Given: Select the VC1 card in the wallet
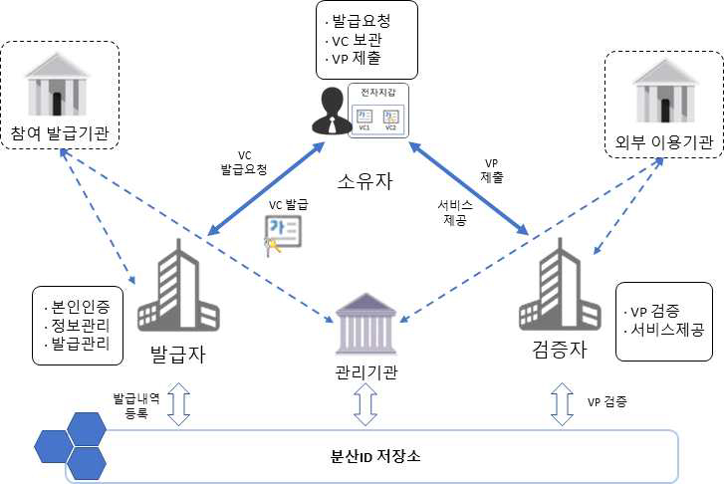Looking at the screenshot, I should point(364,120).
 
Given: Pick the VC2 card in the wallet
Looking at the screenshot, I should point(390,120).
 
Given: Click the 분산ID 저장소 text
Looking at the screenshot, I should point(375,457).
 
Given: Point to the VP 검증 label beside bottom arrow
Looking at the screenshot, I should point(607,402).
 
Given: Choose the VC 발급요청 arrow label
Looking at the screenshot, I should point(244,162).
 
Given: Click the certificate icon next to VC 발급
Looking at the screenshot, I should point(281,234).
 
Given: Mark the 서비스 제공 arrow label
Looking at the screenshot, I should point(449,214).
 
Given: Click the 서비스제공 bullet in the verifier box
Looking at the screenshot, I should point(665,327).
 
